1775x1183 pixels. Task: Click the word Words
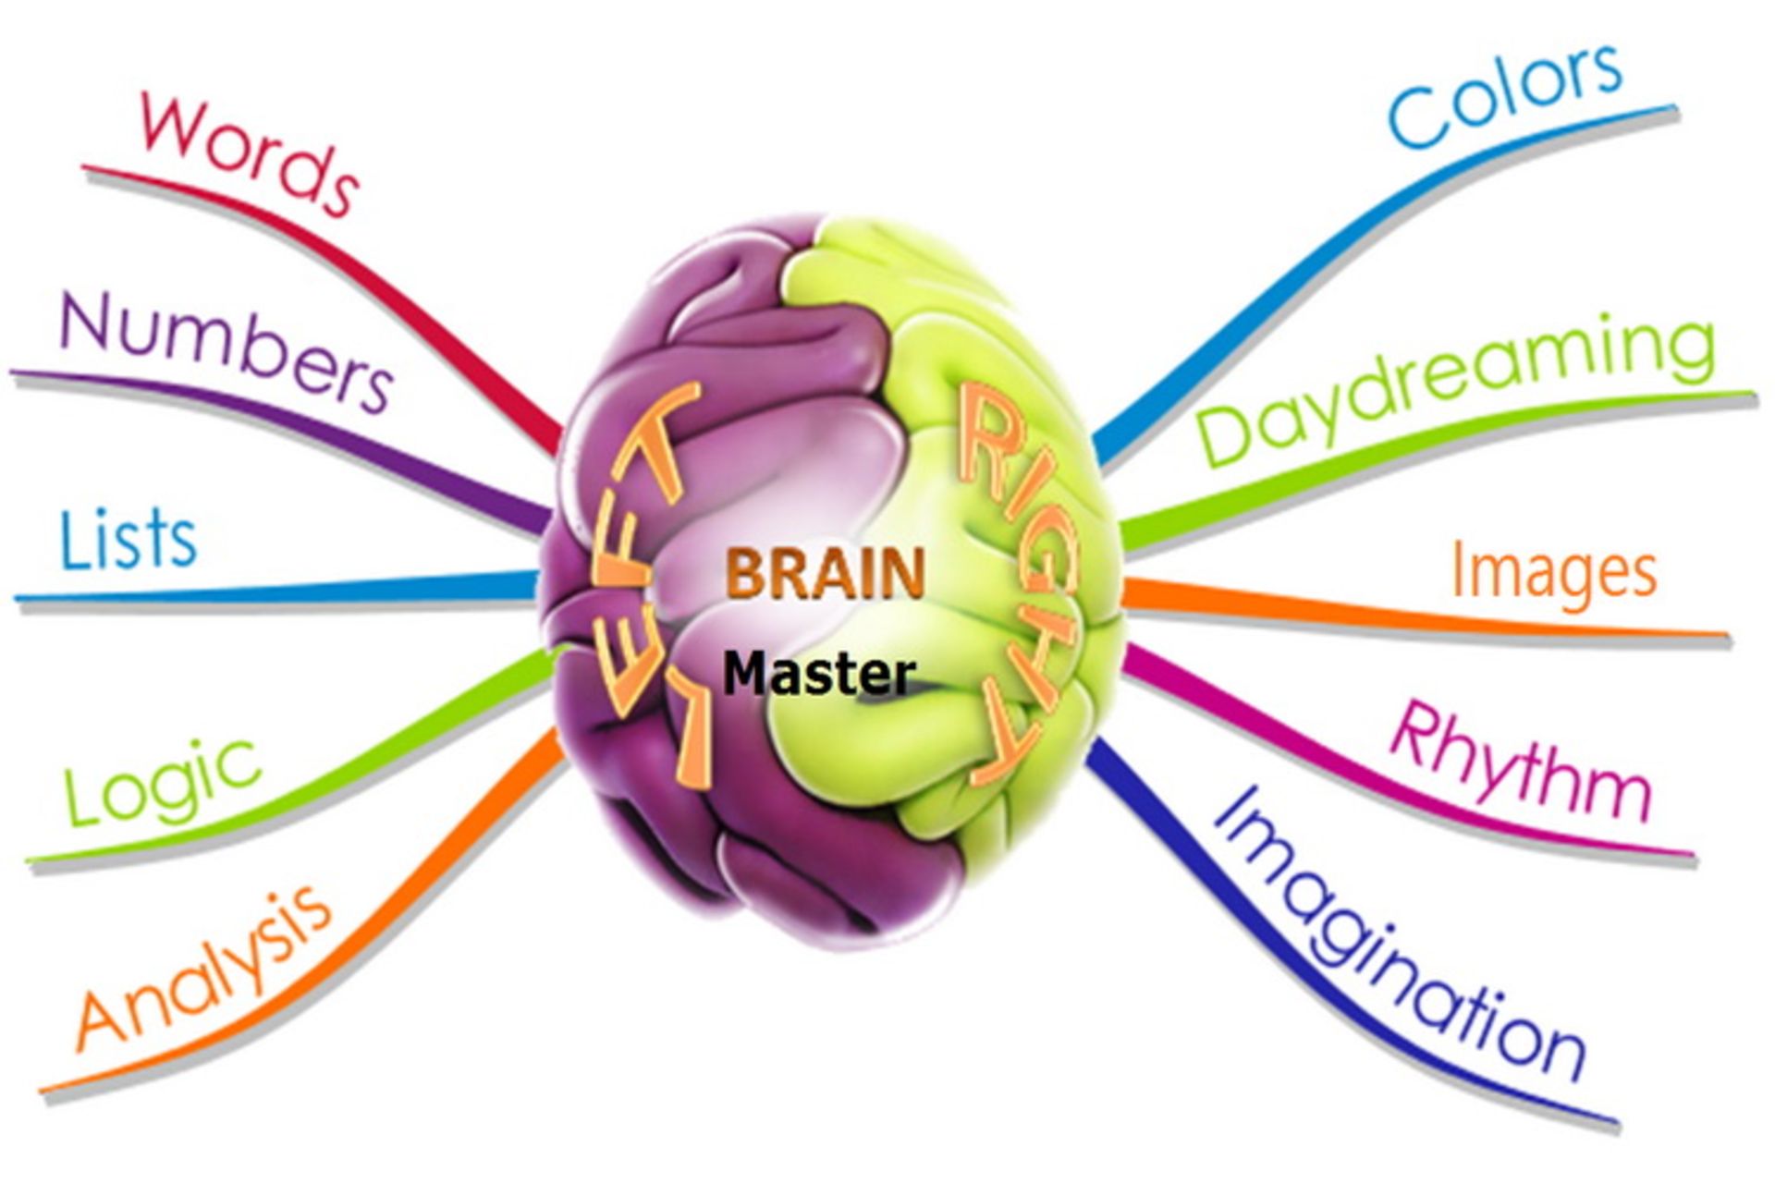coord(248,152)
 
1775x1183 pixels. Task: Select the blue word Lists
coord(129,539)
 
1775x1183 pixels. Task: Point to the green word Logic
coord(162,781)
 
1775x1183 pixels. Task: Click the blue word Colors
coord(1505,94)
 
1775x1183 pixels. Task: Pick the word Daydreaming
coord(1456,388)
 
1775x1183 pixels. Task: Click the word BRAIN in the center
coord(825,573)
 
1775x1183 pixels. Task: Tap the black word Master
coord(819,675)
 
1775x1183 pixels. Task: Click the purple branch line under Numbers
coord(277,407)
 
